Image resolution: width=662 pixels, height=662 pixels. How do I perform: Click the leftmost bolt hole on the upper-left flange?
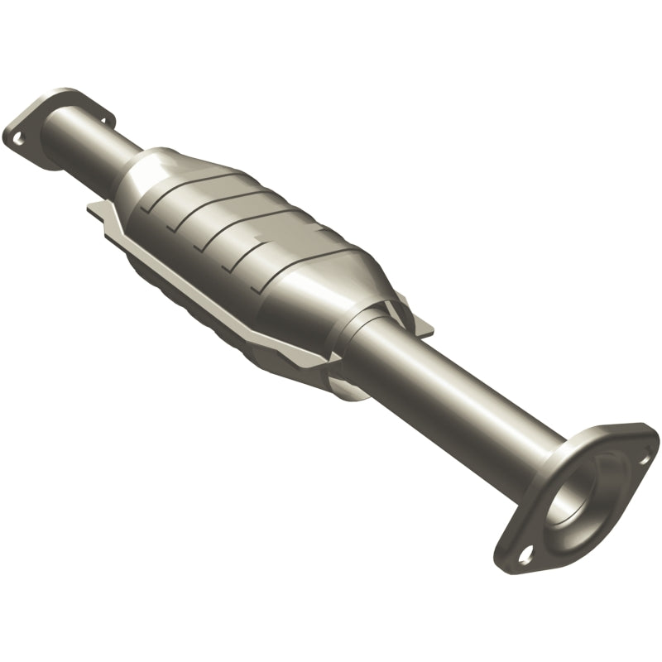click(x=15, y=132)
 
